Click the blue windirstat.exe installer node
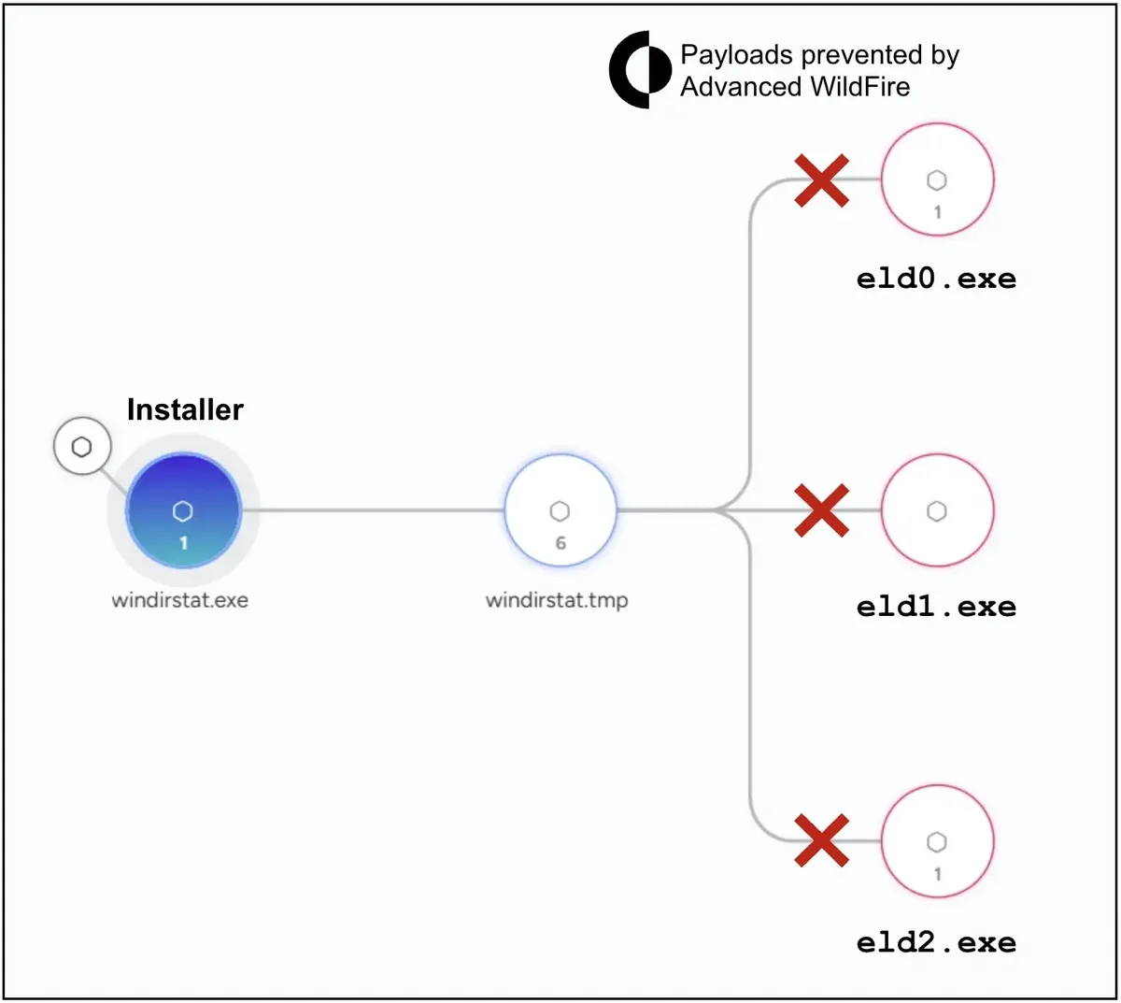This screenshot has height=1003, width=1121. [x=183, y=510]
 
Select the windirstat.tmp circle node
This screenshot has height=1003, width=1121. [x=560, y=510]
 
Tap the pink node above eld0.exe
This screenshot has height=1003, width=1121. [x=937, y=179]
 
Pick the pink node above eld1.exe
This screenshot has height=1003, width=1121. [x=937, y=510]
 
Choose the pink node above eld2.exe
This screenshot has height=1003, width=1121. [x=937, y=840]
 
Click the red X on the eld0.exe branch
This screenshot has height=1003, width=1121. [x=821, y=180]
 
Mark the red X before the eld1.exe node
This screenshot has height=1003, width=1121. [x=821, y=510]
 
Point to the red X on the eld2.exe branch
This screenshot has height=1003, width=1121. [x=821, y=840]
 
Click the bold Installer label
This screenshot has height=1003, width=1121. [x=185, y=409]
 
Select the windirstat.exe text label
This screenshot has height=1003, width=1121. [x=179, y=600]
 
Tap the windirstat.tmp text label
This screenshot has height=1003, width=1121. [x=557, y=600]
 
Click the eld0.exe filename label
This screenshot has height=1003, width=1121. [x=936, y=279]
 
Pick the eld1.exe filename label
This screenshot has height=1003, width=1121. [x=936, y=607]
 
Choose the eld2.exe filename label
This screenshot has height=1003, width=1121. [x=936, y=943]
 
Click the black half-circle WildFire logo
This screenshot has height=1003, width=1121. [x=640, y=70]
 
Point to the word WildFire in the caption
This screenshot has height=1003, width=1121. [x=859, y=87]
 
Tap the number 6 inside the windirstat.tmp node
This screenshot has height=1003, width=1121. [x=560, y=543]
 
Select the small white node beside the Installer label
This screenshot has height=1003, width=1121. [x=82, y=446]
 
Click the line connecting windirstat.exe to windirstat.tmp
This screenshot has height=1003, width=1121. [x=373, y=510]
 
